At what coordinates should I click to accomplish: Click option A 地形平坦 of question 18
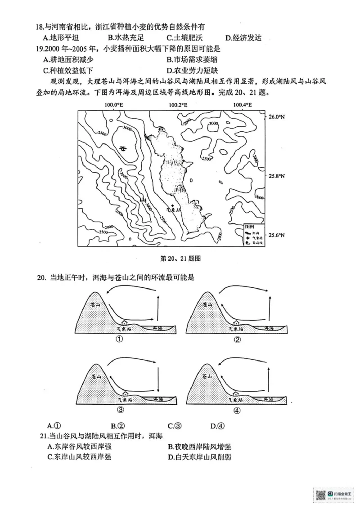61,38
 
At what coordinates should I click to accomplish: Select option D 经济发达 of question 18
243,38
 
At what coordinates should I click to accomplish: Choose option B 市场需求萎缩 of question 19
192,59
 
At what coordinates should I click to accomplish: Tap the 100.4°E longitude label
243,105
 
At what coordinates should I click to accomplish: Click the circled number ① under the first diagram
120,339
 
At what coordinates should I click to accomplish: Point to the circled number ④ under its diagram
238,410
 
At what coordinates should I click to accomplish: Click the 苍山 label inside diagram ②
207,305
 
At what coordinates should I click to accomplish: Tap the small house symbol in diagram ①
124,322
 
